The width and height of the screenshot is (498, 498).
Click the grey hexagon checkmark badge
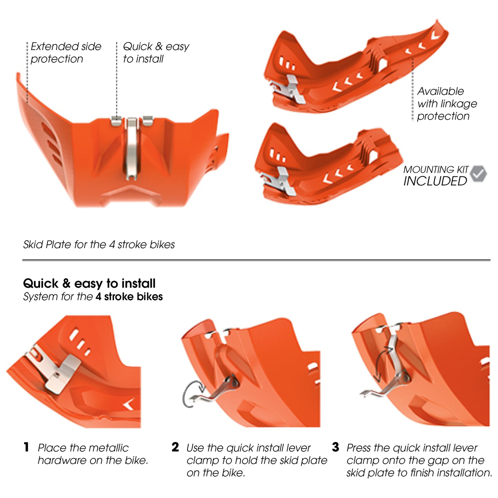[x=478, y=174]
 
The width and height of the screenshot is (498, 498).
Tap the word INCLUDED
[x=435, y=181]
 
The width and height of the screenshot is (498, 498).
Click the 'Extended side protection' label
[x=65, y=52]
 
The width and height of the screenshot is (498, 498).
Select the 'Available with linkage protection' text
[x=446, y=103]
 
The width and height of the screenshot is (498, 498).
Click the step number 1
[x=27, y=447]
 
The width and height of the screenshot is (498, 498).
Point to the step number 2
[x=175, y=447]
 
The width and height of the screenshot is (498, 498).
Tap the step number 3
[x=335, y=447]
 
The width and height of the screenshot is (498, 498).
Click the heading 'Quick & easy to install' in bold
[x=89, y=283]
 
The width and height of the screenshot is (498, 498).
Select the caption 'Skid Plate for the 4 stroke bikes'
[x=99, y=244]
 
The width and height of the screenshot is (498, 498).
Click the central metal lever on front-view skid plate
[x=132, y=148]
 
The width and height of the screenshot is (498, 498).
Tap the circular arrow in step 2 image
[x=192, y=394]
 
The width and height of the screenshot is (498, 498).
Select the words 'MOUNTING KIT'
[x=436, y=170]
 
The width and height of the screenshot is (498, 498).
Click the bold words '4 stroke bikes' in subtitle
[x=129, y=296]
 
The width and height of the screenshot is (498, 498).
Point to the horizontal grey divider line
[x=256, y=260]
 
